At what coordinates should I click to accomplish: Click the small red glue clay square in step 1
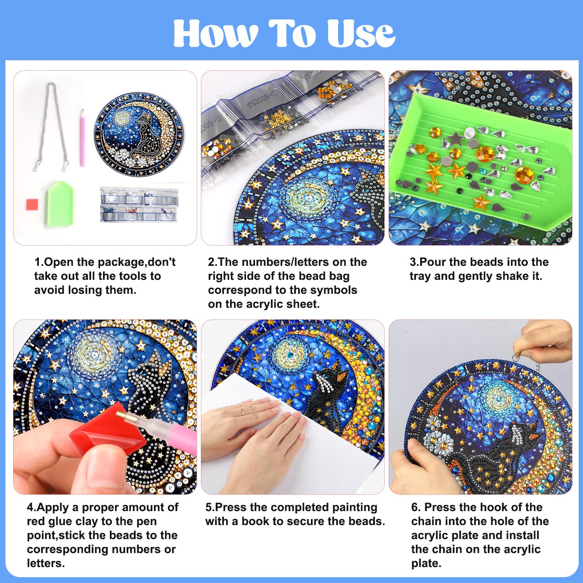pos(32,204)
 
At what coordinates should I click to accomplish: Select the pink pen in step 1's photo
pos(82,138)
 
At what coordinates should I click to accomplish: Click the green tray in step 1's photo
pos(60,203)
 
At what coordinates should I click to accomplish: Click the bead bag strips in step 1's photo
pos(140,204)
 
